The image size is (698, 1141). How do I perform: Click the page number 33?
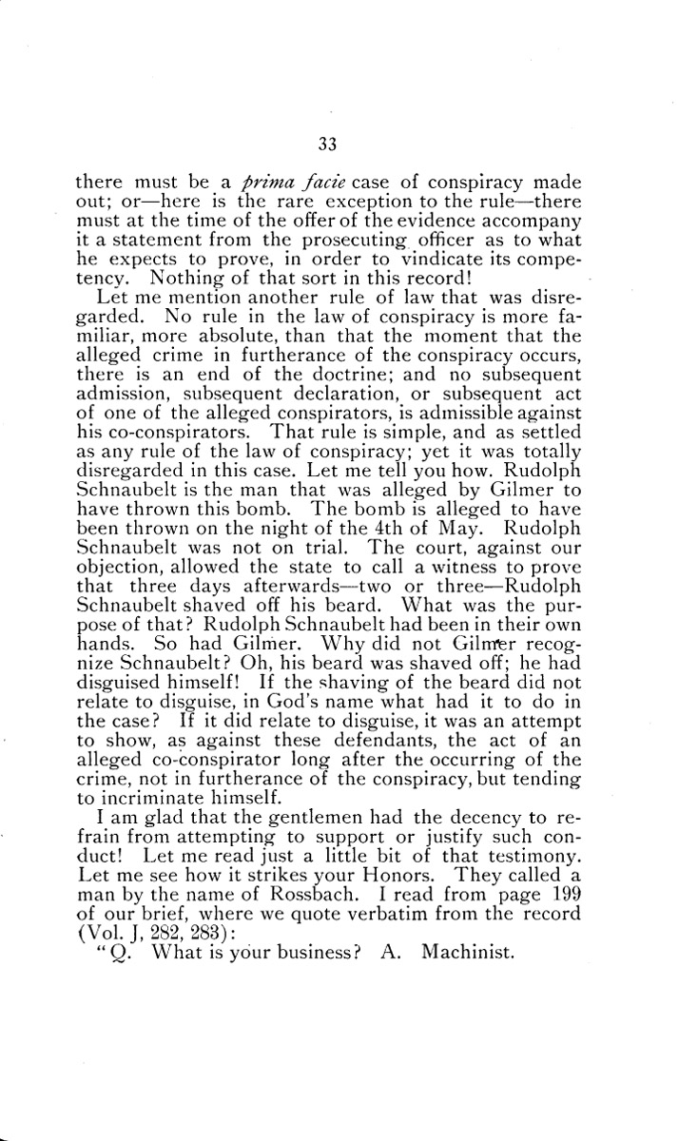[328, 145]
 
